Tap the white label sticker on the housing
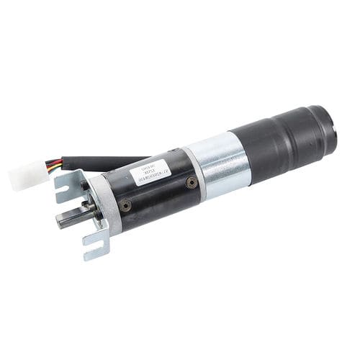[151, 174]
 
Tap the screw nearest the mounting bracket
[127, 206]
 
